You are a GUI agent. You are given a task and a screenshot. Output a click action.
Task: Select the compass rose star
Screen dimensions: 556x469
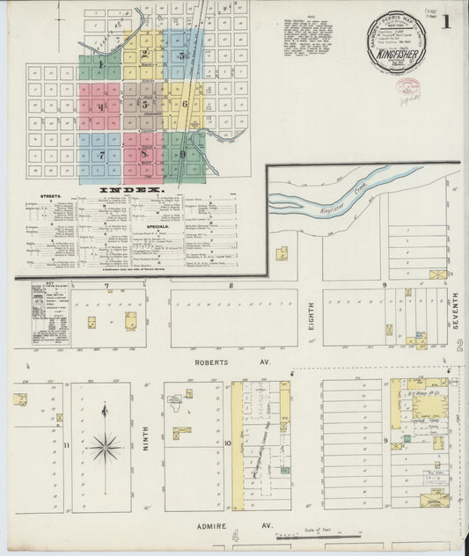pyautogui.click(x=105, y=448)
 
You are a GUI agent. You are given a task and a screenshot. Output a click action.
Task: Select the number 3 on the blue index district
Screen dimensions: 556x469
pyautogui.click(x=182, y=55)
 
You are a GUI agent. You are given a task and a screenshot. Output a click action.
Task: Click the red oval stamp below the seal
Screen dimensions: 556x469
pyautogui.click(x=411, y=88)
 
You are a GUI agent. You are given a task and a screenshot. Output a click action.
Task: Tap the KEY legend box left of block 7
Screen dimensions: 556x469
pyautogui.click(x=50, y=312)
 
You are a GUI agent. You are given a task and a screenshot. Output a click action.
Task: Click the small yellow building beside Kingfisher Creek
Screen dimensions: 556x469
pyautogui.click(x=282, y=254)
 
